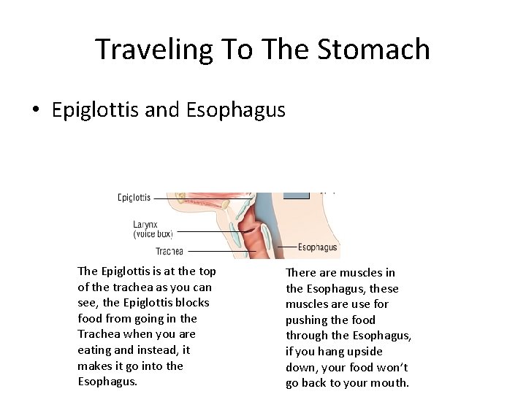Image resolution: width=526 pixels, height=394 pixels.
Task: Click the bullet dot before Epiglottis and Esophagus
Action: click(35, 111)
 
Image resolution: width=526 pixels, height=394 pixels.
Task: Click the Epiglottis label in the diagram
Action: click(134, 197)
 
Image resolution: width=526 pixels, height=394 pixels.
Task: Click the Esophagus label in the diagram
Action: click(317, 247)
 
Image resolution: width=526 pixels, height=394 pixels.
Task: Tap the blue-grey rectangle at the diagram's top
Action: click(297, 196)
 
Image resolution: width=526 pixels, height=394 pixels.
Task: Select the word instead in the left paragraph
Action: click(161, 350)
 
